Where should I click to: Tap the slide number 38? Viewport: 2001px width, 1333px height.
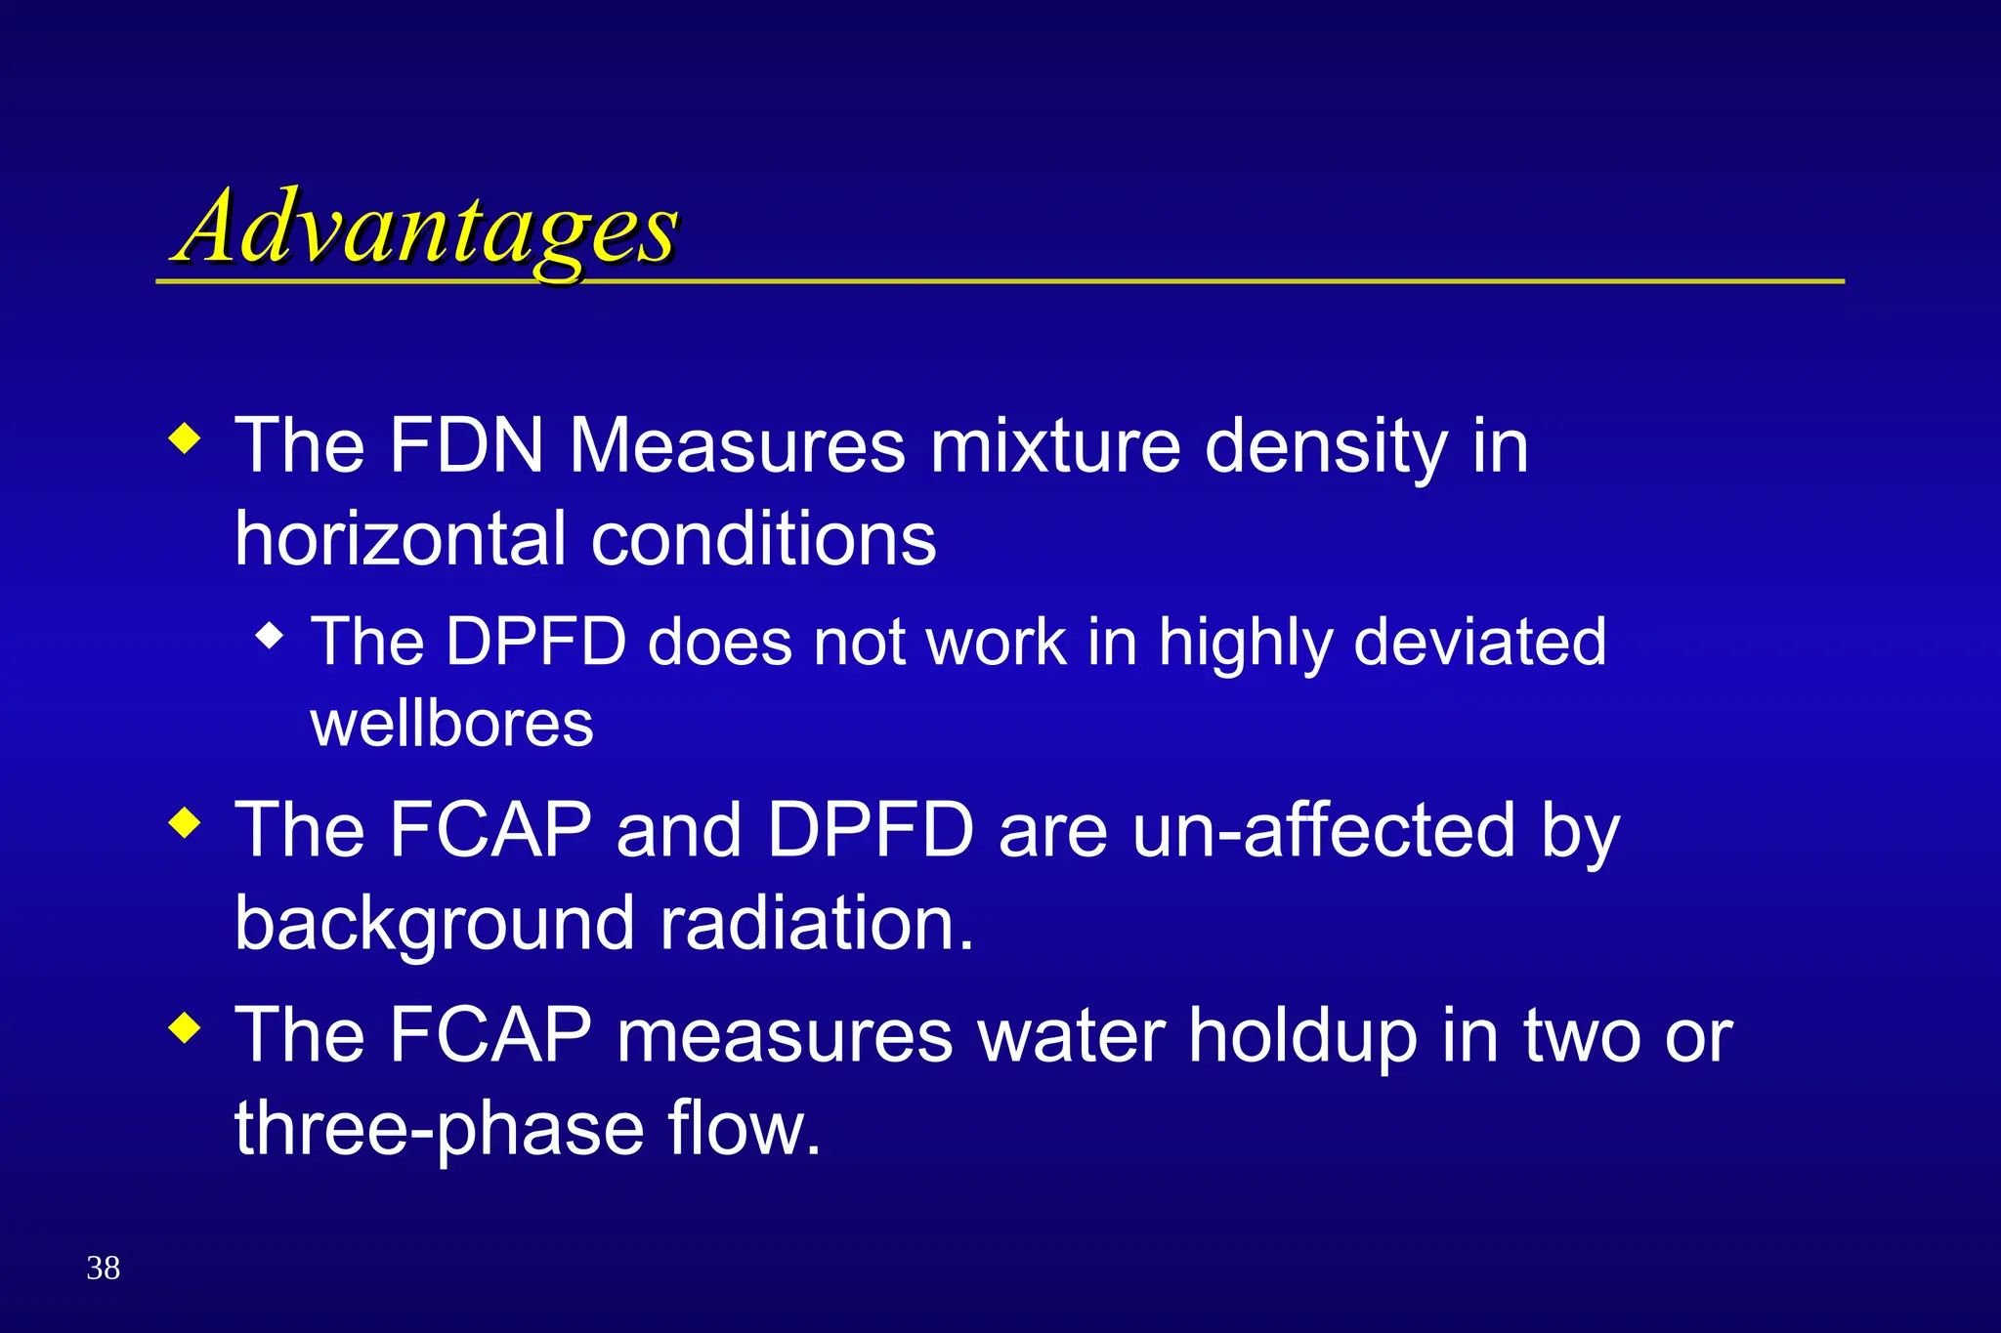pyautogui.click(x=104, y=1268)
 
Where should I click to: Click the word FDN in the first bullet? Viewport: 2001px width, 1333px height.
pyautogui.click(x=466, y=446)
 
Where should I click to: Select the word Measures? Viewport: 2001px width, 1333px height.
pyautogui.click(x=738, y=446)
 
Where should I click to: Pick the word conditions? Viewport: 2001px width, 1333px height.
pyautogui.click(x=764, y=539)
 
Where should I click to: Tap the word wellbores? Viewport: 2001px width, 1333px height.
pyautogui.click(x=451, y=724)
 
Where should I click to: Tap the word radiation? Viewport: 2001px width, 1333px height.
pyautogui.click(x=817, y=923)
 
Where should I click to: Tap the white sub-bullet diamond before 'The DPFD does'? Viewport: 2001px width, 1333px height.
pyautogui.click(x=269, y=637)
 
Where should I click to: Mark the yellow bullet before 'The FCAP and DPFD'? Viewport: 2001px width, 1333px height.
pyautogui.click(x=185, y=822)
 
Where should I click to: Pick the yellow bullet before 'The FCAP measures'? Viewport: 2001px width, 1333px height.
pyautogui.click(x=185, y=1027)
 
